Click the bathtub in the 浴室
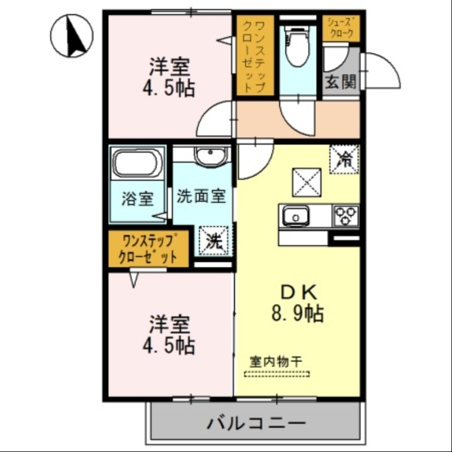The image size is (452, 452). click(137, 163)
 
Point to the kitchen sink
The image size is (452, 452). click(294, 216)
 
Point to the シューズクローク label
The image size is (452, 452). click(341, 28)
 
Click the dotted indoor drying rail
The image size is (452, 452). click(277, 373)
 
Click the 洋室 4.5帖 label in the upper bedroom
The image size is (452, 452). click(169, 77)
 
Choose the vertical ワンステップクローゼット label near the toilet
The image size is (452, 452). click(254, 55)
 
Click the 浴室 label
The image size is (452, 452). click(137, 199)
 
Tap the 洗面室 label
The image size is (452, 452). click(201, 197)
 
